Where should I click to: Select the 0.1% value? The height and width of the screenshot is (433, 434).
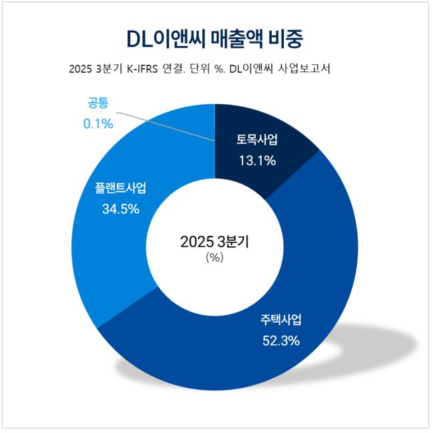pyautogui.click(x=98, y=124)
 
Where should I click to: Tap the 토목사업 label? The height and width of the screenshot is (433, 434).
pyautogui.click(x=257, y=141)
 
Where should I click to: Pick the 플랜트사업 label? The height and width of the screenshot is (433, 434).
pyautogui.click(x=120, y=188)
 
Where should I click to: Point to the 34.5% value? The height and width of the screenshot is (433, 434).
pyautogui.click(x=120, y=208)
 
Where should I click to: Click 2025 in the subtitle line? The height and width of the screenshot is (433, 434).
pyautogui.click(x=81, y=70)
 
